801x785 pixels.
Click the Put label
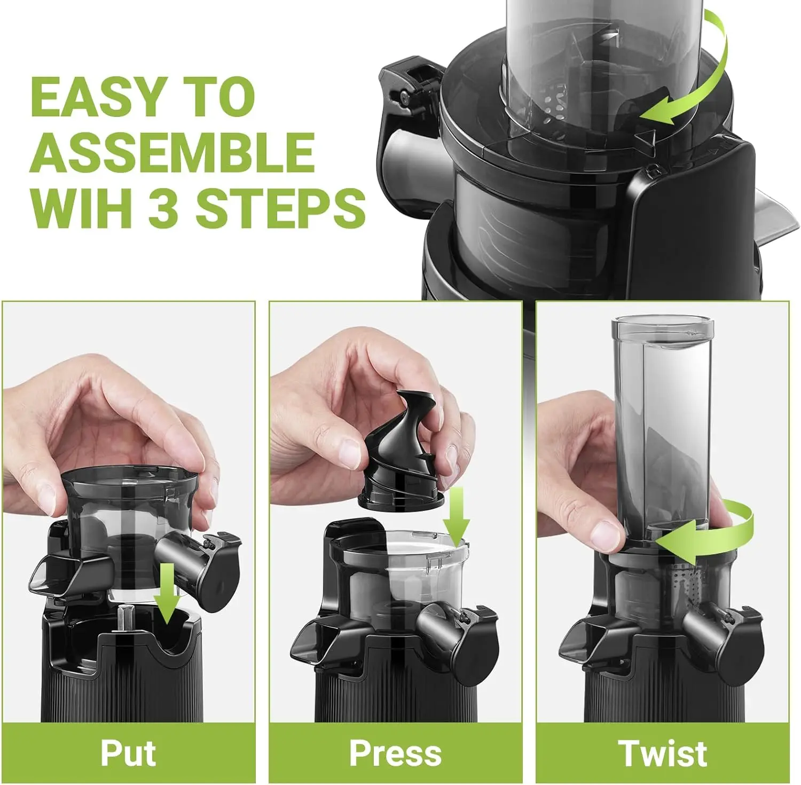point(128,753)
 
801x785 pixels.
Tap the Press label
point(395,753)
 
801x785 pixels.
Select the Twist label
point(663,753)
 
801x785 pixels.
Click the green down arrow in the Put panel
point(168,593)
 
